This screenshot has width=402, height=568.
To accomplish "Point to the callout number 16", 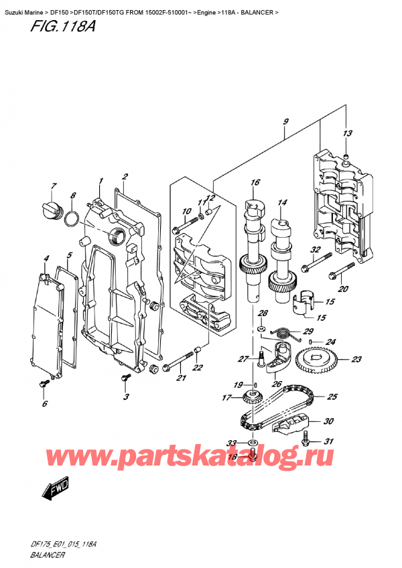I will (x=255, y=182).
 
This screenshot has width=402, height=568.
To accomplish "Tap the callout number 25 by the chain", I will (x=332, y=397).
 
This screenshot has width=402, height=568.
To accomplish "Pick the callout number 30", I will (x=328, y=421).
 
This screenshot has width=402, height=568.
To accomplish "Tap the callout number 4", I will (x=46, y=259).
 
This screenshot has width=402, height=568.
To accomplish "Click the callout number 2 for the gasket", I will (x=125, y=177).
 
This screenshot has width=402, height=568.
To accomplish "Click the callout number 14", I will (x=282, y=202).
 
